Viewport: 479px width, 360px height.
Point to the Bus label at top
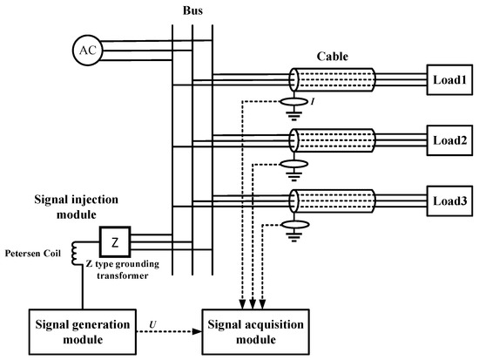(x=193, y=10)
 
